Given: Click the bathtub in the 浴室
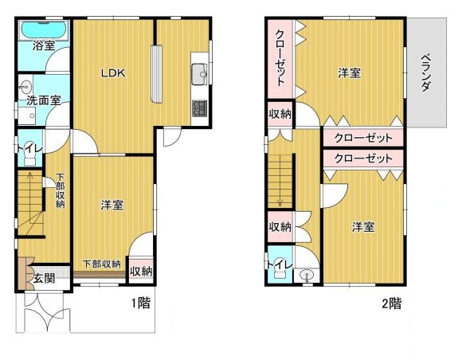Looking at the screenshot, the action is [x=44, y=30].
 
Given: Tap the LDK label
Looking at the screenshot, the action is [x=113, y=72].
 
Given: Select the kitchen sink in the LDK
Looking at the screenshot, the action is [x=200, y=73].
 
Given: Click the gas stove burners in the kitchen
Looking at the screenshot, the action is [x=200, y=108].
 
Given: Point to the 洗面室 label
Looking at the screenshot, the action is [x=44, y=101].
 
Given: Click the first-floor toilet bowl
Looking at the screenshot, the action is [x=29, y=159].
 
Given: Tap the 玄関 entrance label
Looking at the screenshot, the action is [x=44, y=278].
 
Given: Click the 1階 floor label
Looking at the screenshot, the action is [x=140, y=303].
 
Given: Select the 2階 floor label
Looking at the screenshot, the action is [x=392, y=303].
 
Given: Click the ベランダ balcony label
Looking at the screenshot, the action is [x=426, y=72].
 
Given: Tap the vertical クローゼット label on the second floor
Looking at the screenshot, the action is [x=280, y=57].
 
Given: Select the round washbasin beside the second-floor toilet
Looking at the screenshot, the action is [x=307, y=276].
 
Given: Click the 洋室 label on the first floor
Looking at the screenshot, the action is [x=112, y=205].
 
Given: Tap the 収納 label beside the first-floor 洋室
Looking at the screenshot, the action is [x=142, y=272].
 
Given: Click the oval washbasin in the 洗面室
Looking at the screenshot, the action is [x=27, y=86].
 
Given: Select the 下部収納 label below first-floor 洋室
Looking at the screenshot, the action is [x=102, y=264].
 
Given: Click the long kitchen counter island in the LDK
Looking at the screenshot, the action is [x=157, y=73].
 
